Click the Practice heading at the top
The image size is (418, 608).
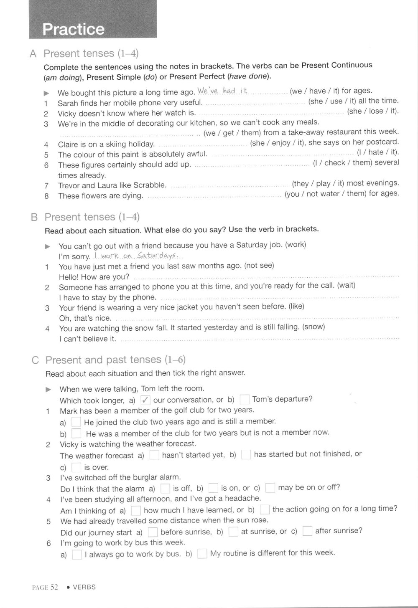(x=74, y=29)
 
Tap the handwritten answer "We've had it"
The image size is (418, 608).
(x=222, y=91)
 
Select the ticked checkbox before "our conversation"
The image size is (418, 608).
(x=145, y=400)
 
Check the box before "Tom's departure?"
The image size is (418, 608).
(x=245, y=399)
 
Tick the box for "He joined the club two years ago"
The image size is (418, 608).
(x=76, y=422)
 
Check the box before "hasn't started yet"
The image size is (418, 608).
(x=154, y=455)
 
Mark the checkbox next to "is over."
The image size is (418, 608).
(x=76, y=467)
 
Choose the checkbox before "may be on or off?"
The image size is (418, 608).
(x=270, y=487)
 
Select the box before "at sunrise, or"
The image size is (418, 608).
(x=233, y=532)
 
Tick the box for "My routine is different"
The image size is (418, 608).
(x=202, y=554)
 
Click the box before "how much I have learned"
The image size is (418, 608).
(x=136, y=510)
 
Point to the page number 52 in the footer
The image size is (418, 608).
(x=54, y=587)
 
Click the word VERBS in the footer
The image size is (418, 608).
(x=84, y=587)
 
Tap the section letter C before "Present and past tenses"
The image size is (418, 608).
(x=36, y=360)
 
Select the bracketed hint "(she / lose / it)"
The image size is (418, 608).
(x=373, y=111)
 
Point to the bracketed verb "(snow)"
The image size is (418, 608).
(x=313, y=327)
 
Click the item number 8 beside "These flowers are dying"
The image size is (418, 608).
(x=47, y=196)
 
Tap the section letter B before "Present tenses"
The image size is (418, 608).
(x=35, y=217)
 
